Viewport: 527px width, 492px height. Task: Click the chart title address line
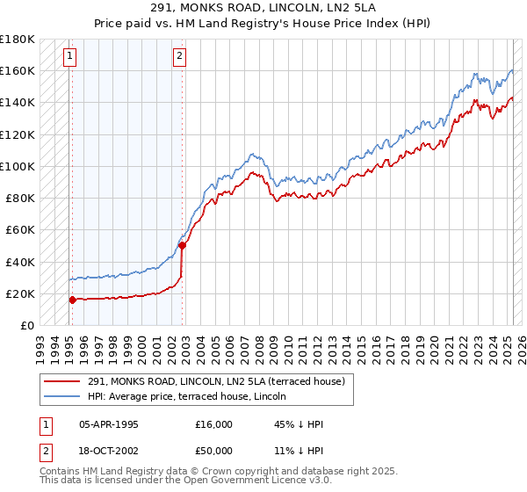[x=263, y=8]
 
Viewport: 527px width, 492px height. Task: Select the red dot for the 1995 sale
[x=72, y=300]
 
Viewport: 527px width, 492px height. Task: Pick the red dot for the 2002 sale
[x=182, y=246]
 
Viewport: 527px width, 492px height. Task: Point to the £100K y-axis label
[x=18, y=166]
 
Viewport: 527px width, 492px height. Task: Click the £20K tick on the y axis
[x=20, y=293]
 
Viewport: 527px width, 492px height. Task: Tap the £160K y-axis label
[x=18, y=70]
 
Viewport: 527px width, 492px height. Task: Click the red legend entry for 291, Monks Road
[x=220, y=381]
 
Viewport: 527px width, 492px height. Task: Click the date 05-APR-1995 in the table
[x=109, y=424]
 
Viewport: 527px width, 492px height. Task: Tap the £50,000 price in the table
[x=214, y=451]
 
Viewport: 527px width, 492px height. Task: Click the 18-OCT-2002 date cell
[x=109, y=451]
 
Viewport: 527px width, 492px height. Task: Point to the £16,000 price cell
[x=214, y=424]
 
